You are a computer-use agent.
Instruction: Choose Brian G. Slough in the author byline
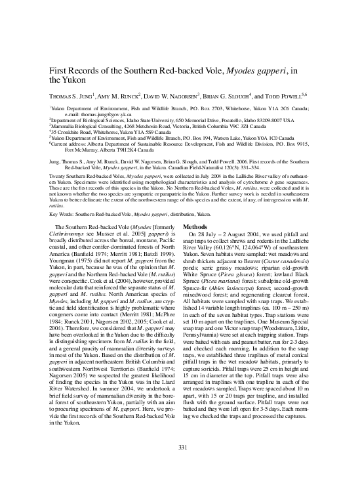click(224, 94)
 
